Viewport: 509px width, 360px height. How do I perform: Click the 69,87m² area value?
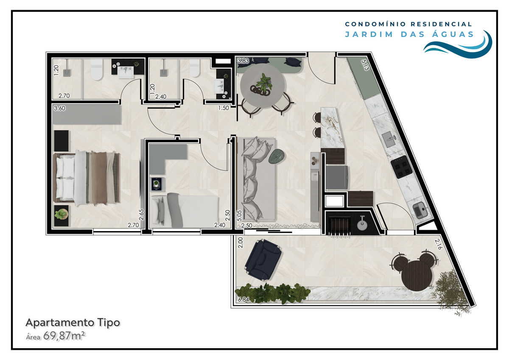[x=64, y=336]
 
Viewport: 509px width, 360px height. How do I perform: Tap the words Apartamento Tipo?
[x=73, y=323]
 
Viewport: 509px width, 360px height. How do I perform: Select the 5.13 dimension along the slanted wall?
[x=365, y=65]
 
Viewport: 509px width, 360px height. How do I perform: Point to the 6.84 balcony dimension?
[x=243, y=300]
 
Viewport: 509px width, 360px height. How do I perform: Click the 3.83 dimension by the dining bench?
[x=243, y=61]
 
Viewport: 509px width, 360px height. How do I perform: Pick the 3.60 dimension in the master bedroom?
[x=59, y=109]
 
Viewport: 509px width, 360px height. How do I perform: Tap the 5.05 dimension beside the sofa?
[x=239, y=215]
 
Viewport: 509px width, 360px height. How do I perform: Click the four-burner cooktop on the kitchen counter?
[x=402, y=167]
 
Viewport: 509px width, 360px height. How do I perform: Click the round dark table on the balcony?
[x=417, y=276]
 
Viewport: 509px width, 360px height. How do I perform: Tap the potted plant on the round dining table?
[x=263, y=85]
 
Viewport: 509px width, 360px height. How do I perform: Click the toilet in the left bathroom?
[x=97, y=70]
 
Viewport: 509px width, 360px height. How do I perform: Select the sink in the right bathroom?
[x=219, y=86]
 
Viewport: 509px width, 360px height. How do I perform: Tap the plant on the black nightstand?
[x=61, y=214]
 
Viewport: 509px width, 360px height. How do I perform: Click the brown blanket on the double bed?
[x=99, y=178]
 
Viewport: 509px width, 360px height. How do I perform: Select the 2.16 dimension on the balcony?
[x=438, y=244]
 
